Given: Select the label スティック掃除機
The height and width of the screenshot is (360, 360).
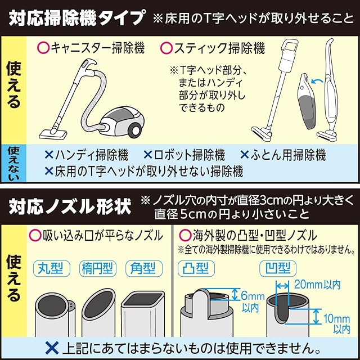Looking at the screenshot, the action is (219, 48).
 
